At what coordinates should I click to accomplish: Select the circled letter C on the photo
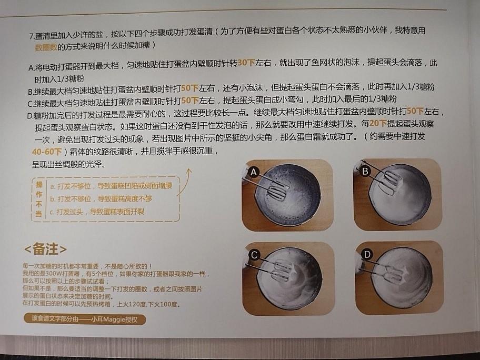[254, 256]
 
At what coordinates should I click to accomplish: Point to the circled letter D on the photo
[367, 255]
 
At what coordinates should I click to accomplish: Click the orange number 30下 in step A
[246, 63]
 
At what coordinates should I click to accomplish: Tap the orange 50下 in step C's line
[189, 99]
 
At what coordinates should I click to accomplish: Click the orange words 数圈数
[46, 47]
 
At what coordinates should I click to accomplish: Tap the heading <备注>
[45, 248]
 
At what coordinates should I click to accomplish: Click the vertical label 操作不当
[38, 199]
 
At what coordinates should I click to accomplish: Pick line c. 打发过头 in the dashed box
[97, 212]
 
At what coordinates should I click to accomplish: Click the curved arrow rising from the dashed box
[184, 182]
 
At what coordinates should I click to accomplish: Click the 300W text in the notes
[56, 274]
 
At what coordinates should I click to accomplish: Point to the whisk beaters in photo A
[276, 189]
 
